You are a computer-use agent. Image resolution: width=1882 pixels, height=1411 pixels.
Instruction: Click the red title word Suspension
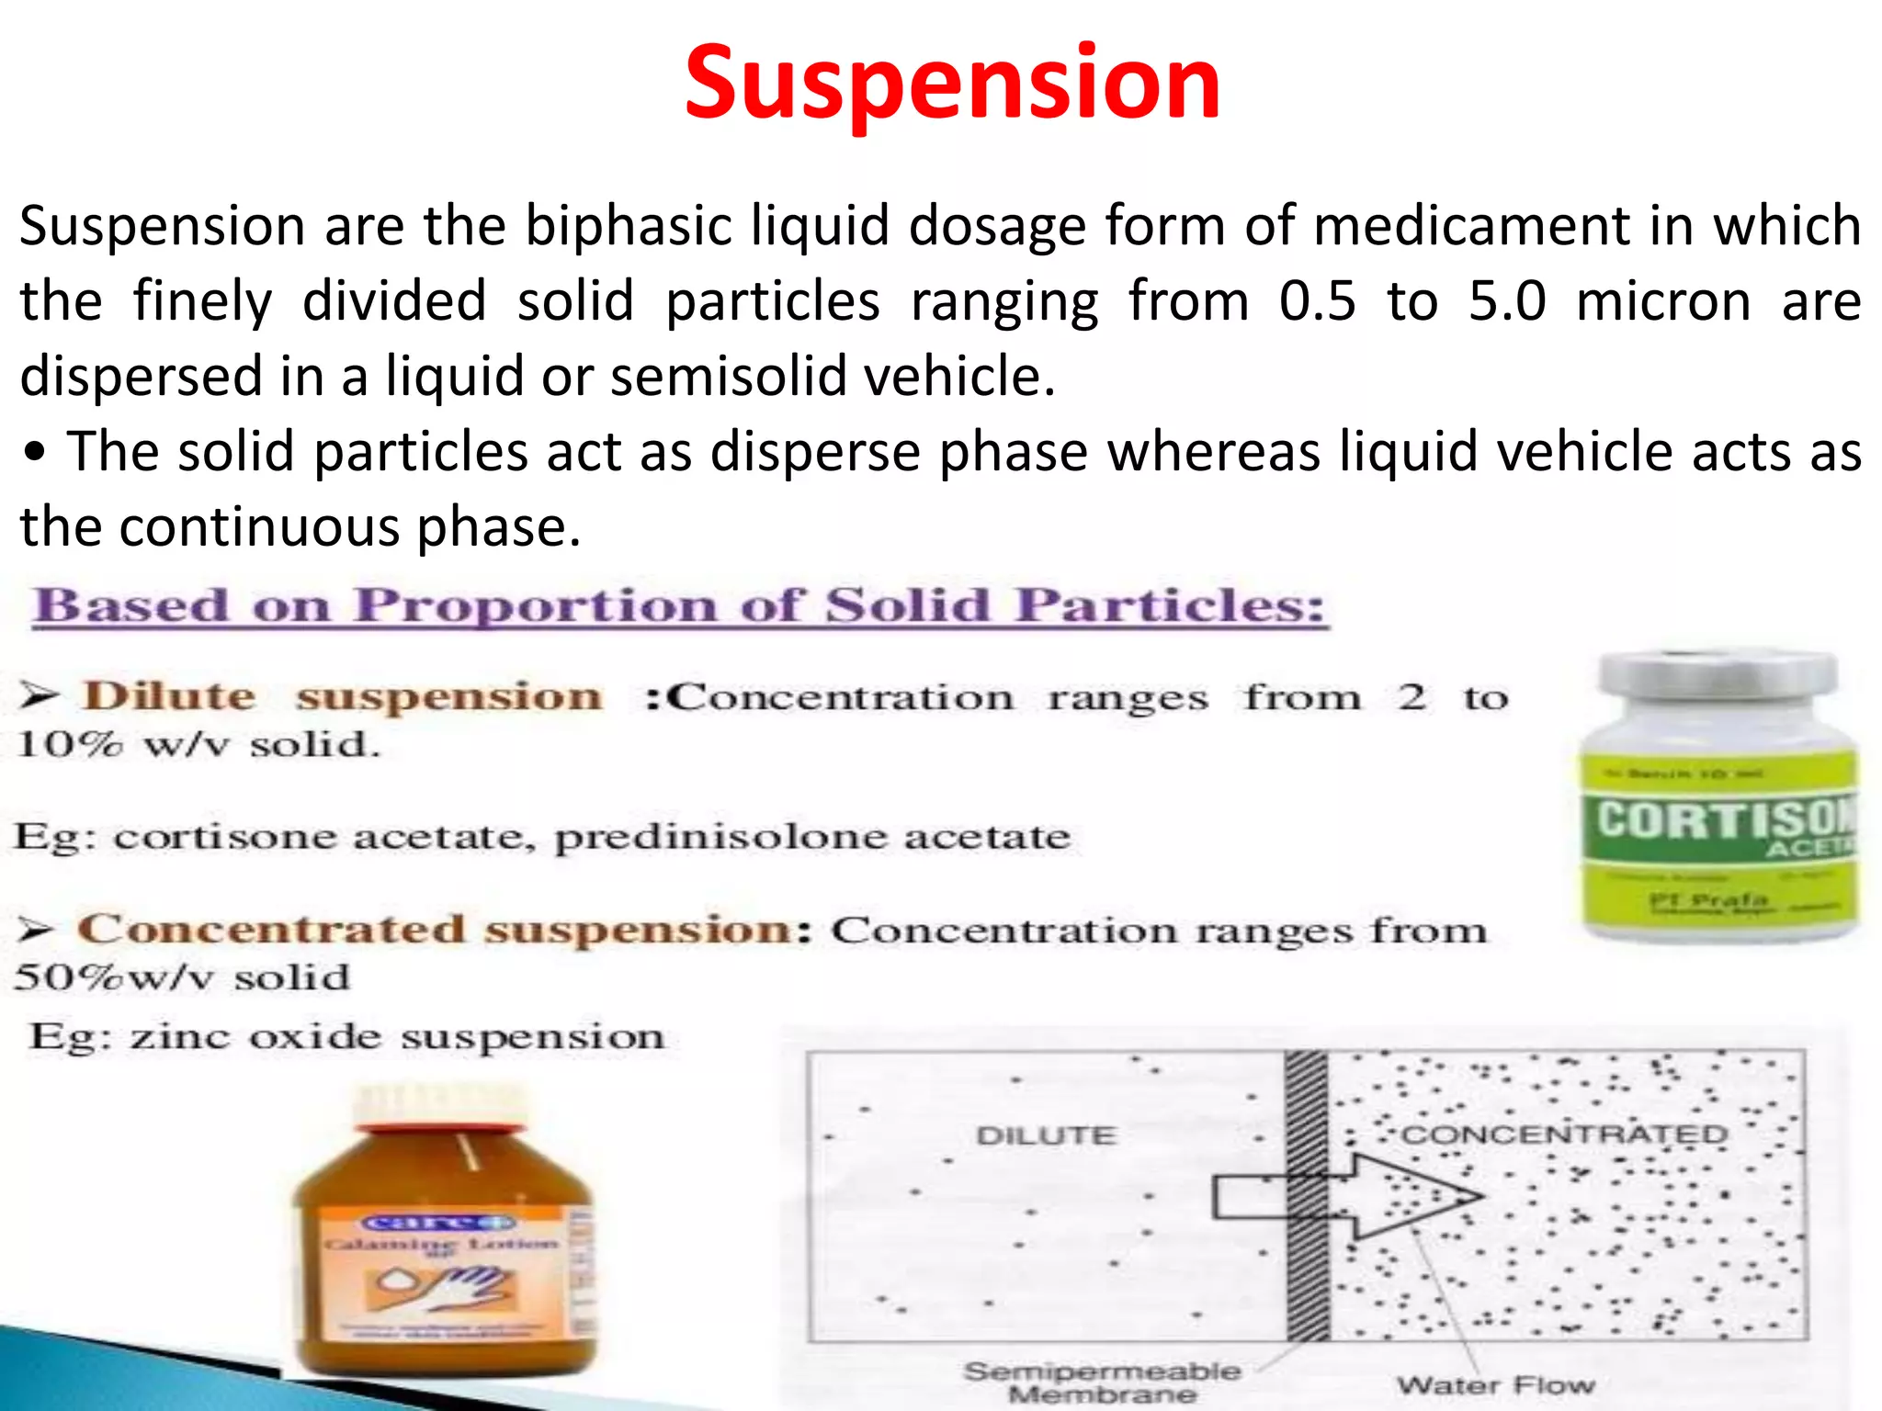click(952, 85)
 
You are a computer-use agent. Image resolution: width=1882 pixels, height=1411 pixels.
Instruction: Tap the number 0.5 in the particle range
click(1317, 301)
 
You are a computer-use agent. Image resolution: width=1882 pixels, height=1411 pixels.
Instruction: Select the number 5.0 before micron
click(1506, 301)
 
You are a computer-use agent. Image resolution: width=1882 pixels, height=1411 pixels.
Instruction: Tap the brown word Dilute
click(169, 696)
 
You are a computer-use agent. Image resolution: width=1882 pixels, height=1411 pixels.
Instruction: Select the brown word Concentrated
click(271, 929)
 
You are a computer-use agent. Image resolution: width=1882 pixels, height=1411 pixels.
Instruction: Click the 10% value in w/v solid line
click(69, 744)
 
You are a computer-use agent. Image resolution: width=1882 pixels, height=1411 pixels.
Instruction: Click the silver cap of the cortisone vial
click(1717, 676)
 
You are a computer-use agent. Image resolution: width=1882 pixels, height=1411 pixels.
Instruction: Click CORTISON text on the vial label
click(1724, 819)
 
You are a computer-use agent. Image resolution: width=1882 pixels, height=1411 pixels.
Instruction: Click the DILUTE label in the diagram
click(1046, 1136)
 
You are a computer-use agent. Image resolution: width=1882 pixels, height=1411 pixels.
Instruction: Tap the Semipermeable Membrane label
click(1102, 1383)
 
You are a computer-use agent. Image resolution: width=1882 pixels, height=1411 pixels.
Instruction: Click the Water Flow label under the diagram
click(1495, 1384)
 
